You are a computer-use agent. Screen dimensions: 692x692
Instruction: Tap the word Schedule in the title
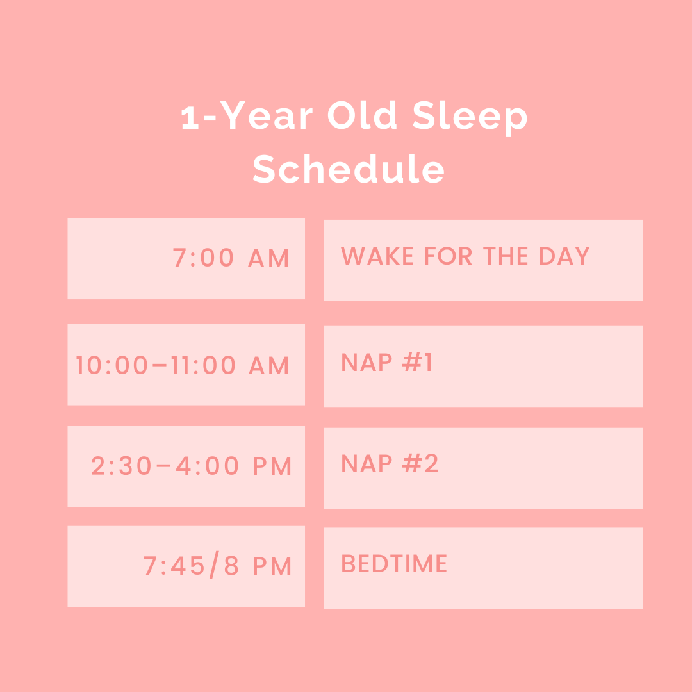click(x=348, y=170)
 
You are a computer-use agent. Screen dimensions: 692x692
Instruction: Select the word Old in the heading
click(x=361, y=117)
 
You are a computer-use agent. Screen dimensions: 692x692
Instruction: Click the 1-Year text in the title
click(x=247, y=117)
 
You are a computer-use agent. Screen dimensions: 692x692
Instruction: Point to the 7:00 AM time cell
click(x=231, y=258)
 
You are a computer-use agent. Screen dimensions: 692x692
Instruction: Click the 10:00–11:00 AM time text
click(x=183, y=366)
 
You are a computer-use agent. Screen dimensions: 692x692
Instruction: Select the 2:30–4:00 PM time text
click(x=192, y=466)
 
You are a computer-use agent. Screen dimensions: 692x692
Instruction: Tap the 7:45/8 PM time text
click(x=218, y=566)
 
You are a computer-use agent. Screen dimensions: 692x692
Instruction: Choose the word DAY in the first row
click(x=564, y=256)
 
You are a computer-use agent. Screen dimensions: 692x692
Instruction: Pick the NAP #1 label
click(x=387, y=363)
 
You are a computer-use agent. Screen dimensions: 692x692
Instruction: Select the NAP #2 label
click(x=390, y=464)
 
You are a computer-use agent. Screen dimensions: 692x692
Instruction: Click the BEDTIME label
click(x=394, y=564)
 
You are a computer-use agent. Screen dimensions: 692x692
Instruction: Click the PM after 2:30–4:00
click(x=272, y=466)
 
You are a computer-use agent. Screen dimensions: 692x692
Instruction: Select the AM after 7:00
click(x=269, y=258)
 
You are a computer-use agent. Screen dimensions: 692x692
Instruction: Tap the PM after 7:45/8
click(x=272, y=566)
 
